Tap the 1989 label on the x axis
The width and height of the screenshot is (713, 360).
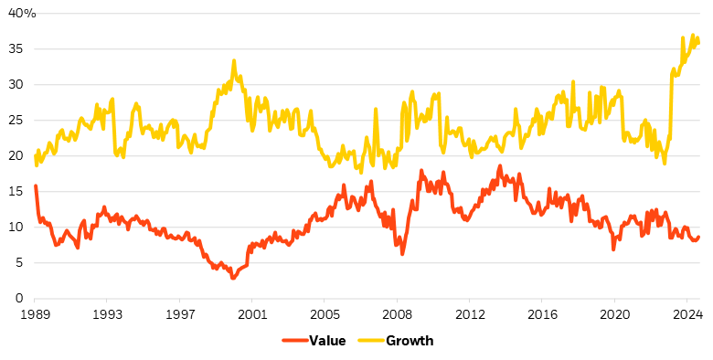tap(35, 313)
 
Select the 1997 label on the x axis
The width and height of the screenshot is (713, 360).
tap(180, 313)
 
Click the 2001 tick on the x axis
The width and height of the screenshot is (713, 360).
tap(252, 313)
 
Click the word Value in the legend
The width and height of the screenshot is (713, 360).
tap(326, 341)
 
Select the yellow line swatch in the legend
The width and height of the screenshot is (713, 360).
tap(374, 341)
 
